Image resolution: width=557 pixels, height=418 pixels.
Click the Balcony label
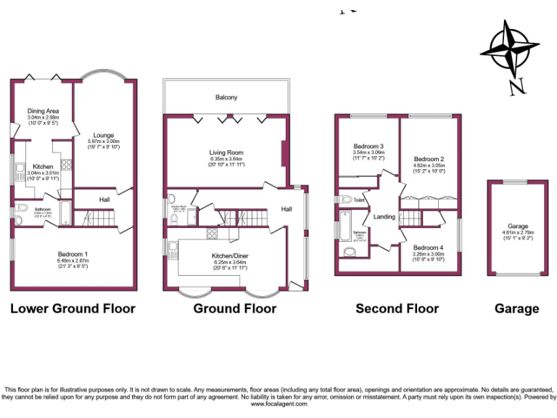pos(226,97)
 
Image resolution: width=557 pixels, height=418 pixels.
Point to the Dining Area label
pos(43,111)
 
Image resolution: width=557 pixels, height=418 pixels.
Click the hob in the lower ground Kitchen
pos(65,164)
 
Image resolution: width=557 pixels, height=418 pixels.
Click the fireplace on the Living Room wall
pos(283,153)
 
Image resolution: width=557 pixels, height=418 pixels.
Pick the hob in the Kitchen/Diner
pos(212,233)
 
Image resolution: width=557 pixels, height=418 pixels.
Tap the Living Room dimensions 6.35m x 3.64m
pos(226,159)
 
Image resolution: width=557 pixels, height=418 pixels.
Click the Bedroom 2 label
pos(428,159)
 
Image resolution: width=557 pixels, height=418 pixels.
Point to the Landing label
pos(384,216)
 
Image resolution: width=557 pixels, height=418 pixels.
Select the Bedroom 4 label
pos(428,247)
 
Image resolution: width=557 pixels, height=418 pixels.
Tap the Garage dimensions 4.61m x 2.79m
pos(517,232)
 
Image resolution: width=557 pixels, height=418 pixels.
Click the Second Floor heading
pos(397,308)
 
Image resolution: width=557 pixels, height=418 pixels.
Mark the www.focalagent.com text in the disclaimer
pos(280,404)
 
